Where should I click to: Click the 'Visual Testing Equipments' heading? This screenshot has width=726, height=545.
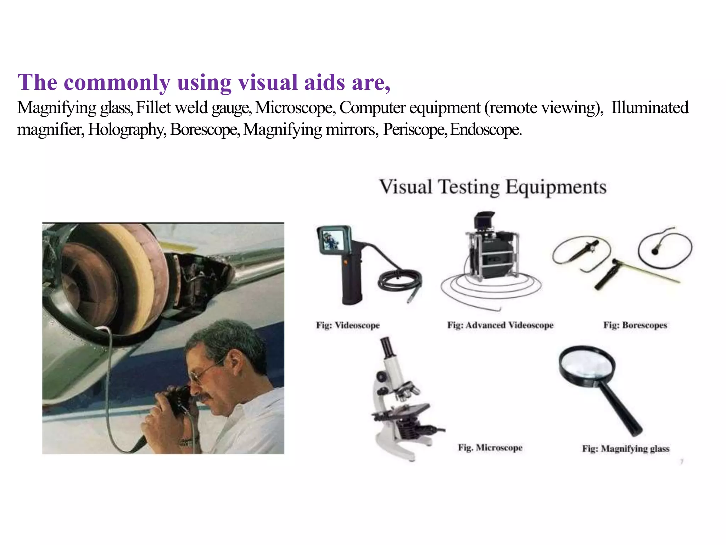point(493,187)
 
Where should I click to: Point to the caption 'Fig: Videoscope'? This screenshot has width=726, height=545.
point(348,325)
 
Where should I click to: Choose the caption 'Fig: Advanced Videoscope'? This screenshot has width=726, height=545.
point(500,325)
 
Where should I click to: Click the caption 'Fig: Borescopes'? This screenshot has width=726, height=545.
point(635,325)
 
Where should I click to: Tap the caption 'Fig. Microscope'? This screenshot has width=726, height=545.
point(490,448)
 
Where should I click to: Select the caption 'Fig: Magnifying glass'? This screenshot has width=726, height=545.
point(626,449)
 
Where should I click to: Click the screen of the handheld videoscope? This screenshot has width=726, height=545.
point(332,239)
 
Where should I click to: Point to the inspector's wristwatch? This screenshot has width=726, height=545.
point(185,442)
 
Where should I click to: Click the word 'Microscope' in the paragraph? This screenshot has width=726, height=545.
point(295,108)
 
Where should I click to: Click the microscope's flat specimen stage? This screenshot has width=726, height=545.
point(404,412)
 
